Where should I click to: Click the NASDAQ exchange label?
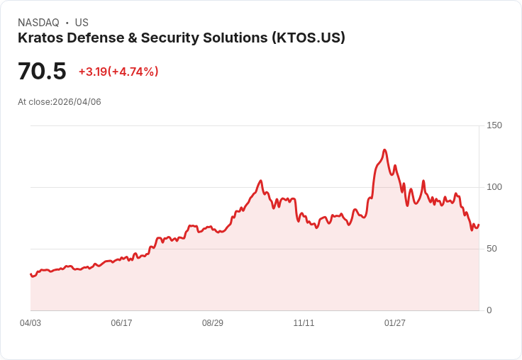point(38,23)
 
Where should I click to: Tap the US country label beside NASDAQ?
point(82,23)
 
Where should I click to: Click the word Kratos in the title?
point(40,38)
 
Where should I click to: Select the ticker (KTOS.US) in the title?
point(308,38)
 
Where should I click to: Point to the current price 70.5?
point(42,72)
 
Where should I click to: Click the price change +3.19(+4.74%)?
point(118,72)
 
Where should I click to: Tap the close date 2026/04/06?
point(77,102)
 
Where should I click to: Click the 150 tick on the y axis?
point(494,125)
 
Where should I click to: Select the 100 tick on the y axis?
point(494,187)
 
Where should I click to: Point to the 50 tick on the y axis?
point(492,249)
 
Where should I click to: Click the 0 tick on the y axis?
point(489,310)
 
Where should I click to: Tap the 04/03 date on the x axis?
point(30,323)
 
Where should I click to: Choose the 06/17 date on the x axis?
point(121,323)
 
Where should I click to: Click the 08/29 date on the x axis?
point(213,323)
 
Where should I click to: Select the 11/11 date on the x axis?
point(304,323)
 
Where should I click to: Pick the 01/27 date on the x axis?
point(395,323)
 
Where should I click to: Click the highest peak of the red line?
point(384,150)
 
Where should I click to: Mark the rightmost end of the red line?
point(479,225)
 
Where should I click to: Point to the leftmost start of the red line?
point(30,274)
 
